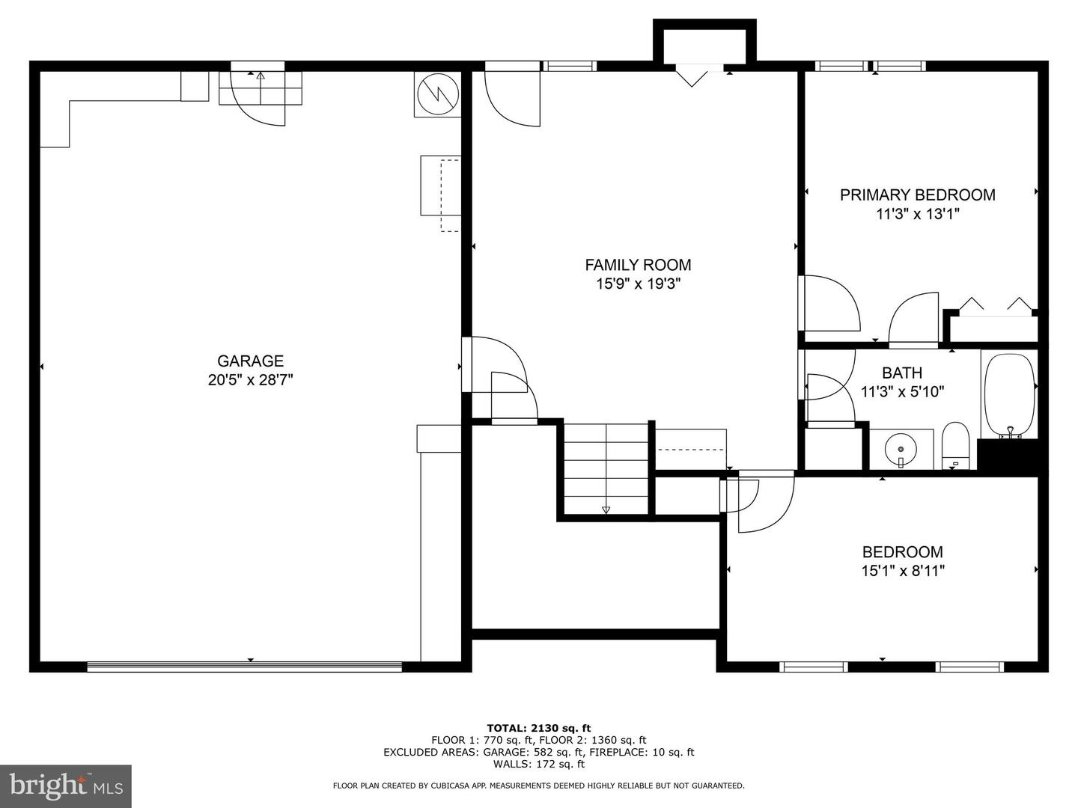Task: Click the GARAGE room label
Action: pos(250,361)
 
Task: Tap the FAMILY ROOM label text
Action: pos(638,265)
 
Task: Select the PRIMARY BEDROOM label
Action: pos(917,195)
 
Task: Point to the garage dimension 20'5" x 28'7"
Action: pos(250,380)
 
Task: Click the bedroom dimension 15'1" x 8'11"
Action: pos(902,572)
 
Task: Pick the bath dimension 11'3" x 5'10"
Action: pos(902,391)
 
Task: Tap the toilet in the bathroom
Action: pos(955,446)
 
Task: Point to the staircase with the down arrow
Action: pos(606,468)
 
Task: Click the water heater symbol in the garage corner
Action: pos(437,94)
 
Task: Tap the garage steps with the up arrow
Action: pos(260,88)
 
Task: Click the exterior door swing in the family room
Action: pos(512,98)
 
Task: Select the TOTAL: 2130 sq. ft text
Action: pos(538,728)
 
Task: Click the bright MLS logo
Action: pos(66,786)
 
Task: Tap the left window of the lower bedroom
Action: pos(813,667)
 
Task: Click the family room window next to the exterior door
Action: pos(570,66)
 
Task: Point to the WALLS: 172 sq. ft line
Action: pos(538,764)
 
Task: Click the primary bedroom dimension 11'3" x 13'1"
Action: pos(917,215)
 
